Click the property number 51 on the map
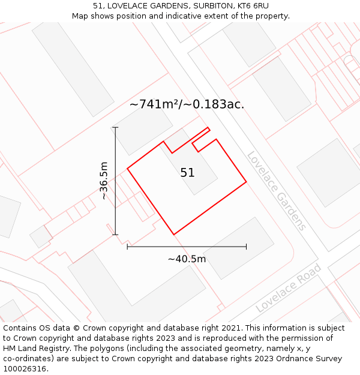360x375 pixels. coord(187,173)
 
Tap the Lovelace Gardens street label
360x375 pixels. coord(277,191)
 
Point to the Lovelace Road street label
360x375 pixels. coord(288,288)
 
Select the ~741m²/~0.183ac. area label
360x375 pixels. coord(187,104)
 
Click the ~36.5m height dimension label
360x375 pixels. coord(104,181)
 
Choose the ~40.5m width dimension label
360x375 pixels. coord(187,259)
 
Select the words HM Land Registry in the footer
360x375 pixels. coord(34,349)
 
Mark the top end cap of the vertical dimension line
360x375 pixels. coord(115,127)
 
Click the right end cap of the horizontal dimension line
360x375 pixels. coord(246,246)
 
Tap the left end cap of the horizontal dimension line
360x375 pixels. coord(127,246)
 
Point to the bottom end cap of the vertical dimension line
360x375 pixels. coord(115,235)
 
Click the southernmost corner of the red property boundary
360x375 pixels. coord(174,235)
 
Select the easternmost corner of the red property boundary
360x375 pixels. coord(246,181)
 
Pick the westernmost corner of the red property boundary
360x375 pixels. coord(127,169)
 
